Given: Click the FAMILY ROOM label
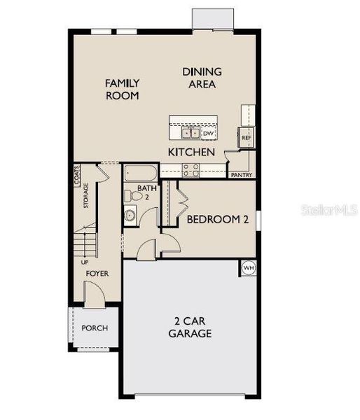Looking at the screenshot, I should (122, 90).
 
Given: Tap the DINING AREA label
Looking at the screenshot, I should (202, 78).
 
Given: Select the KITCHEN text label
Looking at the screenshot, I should (191, 151).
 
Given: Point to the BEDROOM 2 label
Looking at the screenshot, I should (218, 219).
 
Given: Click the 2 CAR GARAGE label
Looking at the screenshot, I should (190, 328).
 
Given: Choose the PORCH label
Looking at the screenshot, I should (95, 328).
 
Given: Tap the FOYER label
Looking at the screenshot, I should (97, 273).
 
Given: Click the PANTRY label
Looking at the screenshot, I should (241, 175).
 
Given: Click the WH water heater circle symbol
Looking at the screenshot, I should (249, 267).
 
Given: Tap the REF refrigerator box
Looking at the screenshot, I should (246, 137).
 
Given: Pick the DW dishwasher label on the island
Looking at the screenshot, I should (208, 132).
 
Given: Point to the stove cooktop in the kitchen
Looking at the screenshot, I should (190, 168).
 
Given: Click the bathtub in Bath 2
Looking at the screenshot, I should (141, 172).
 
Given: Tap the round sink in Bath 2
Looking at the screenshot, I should (130, 215).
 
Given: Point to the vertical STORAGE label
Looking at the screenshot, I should (85, 195).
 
